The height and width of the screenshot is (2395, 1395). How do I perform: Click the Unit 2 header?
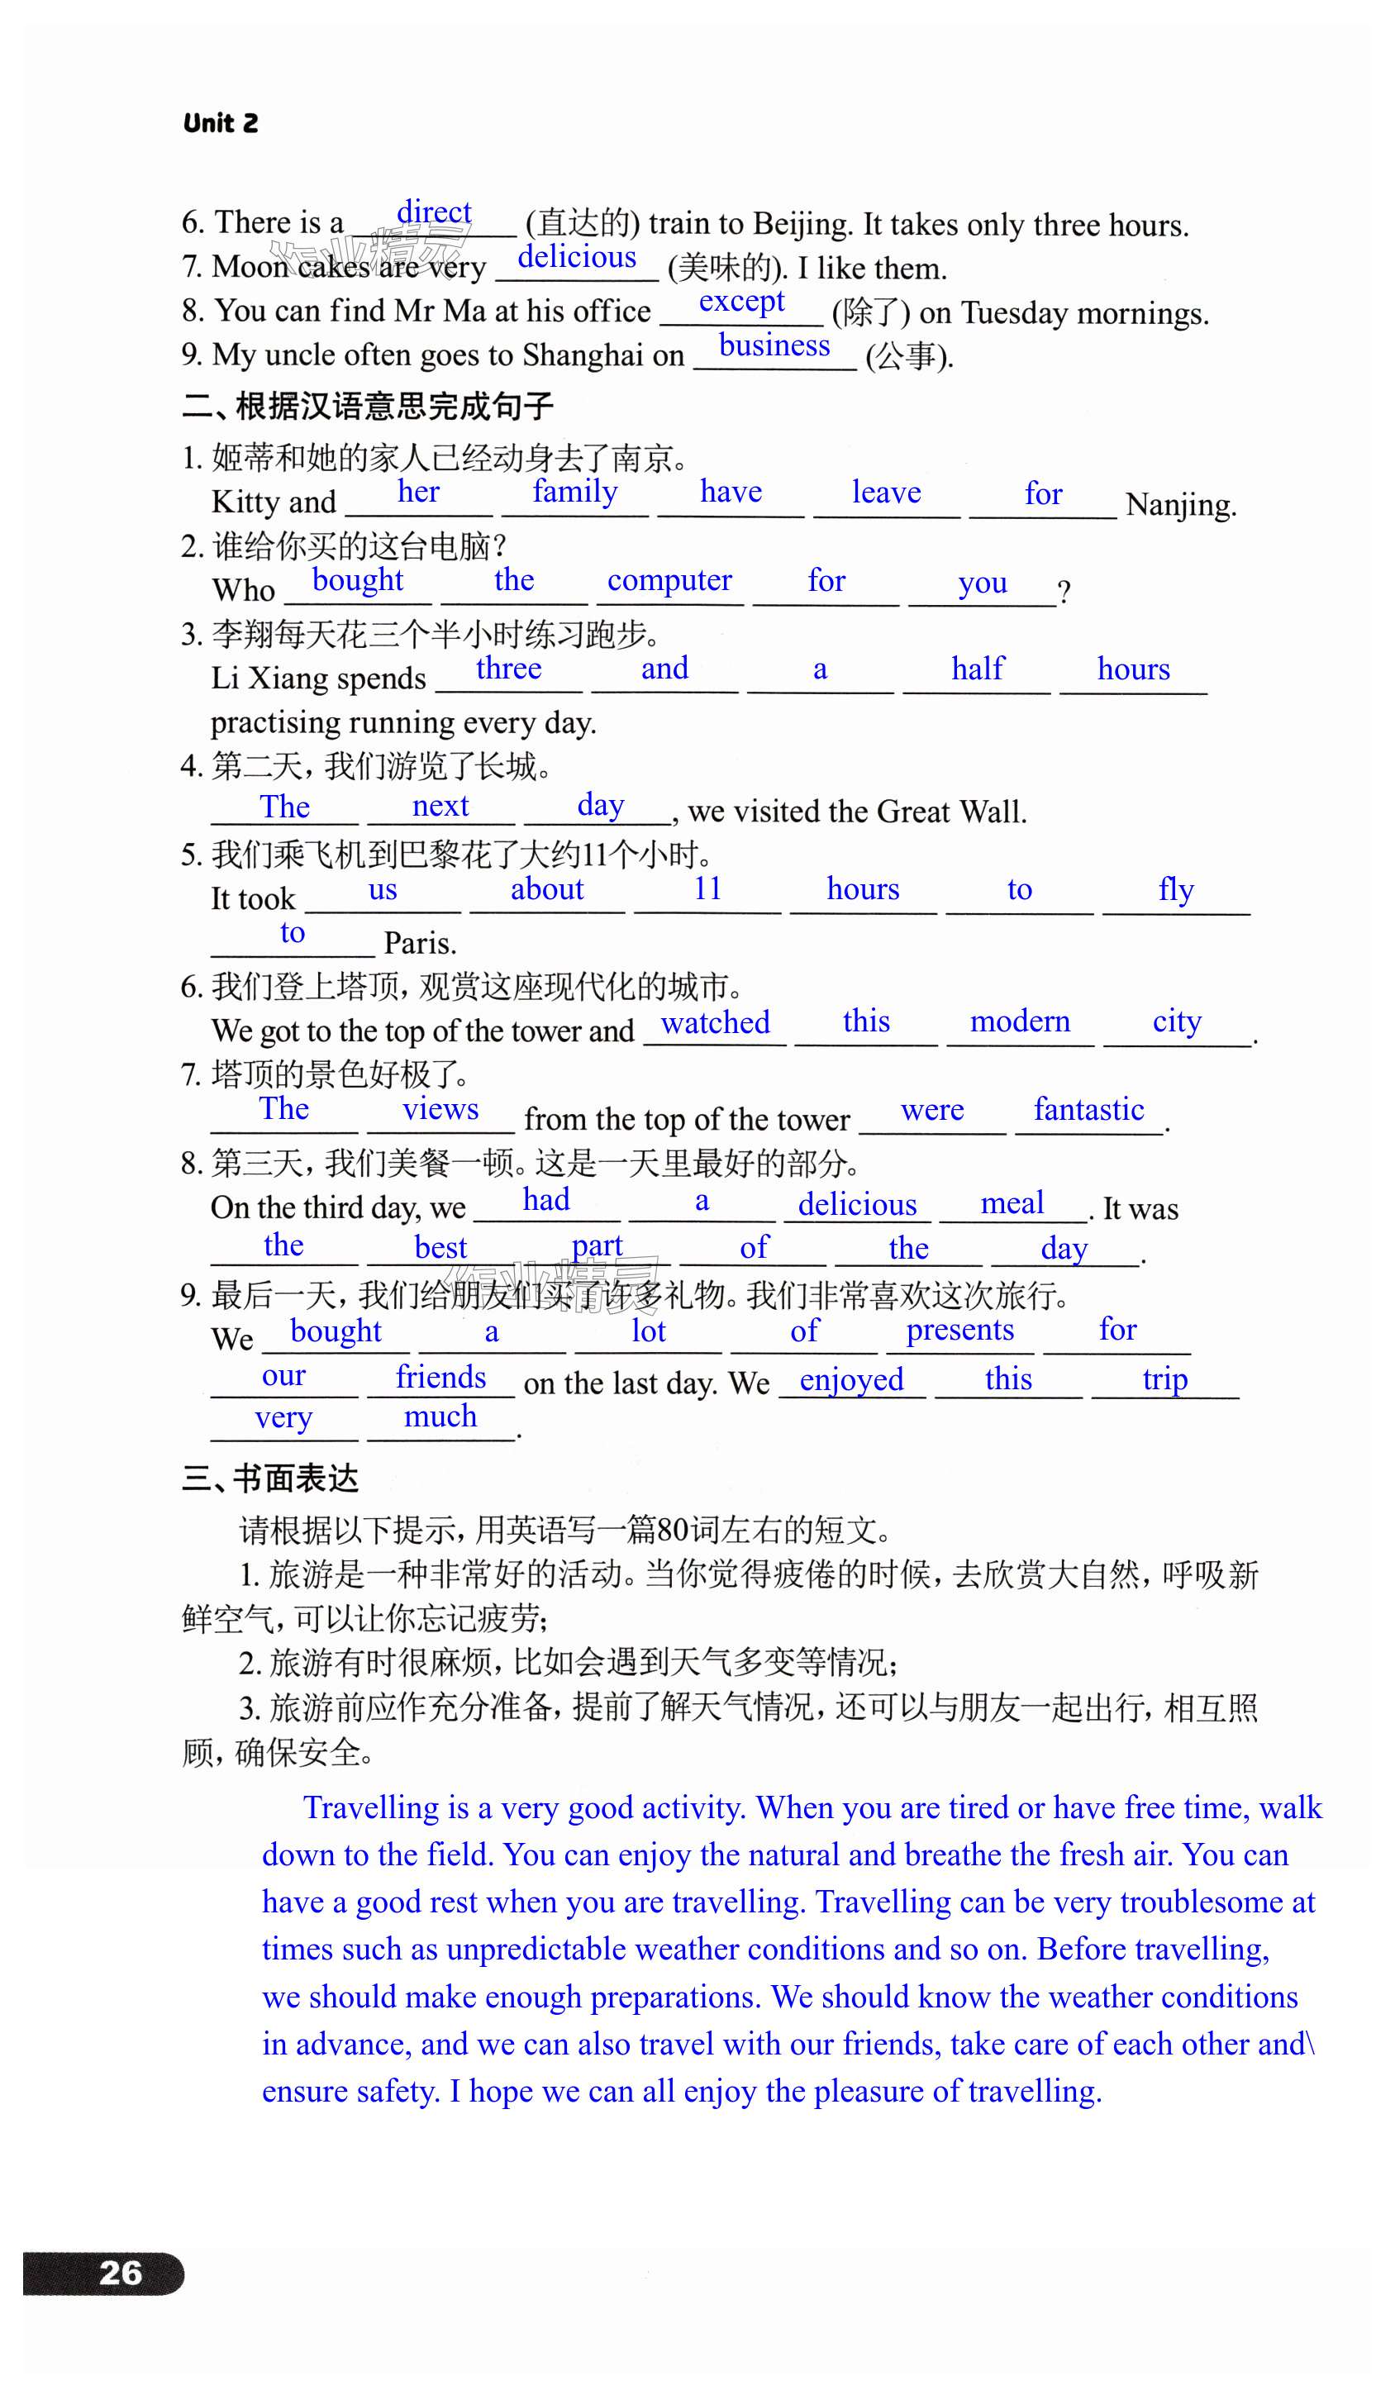point(220,122)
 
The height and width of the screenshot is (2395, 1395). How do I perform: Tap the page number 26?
point(121,2273)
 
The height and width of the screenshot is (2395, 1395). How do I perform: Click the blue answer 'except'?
point(741,302)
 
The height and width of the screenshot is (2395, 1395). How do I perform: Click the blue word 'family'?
point(574,492)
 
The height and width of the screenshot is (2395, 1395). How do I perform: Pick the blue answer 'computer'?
point(669,581)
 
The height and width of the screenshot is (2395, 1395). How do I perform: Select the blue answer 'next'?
point(440,806)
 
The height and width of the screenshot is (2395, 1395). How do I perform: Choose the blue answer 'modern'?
point(1020,1021)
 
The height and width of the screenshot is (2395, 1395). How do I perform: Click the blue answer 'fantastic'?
point(1088,1109)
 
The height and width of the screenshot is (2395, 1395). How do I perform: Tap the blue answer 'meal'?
point(1012,1203)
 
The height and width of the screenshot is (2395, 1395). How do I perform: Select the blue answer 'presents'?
point(959,1330)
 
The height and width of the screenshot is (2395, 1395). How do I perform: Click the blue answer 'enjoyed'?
point(850,1380)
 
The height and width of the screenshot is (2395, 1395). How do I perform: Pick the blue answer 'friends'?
point(441,1377)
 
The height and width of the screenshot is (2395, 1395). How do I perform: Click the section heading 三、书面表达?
point(270,1478)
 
